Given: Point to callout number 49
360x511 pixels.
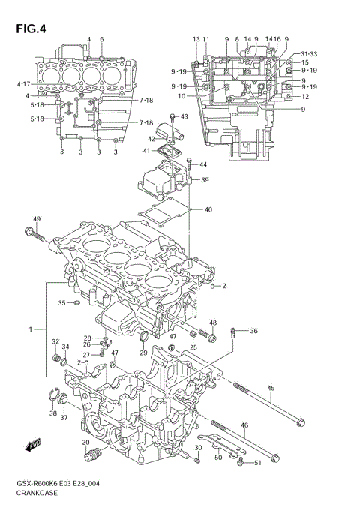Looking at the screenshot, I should [36, 219].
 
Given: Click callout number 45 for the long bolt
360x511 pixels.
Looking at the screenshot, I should [271, 388].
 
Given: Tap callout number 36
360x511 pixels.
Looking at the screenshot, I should [253, 331].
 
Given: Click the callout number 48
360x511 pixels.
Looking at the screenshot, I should [213, 323].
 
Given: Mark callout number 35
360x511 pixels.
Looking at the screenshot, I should [62, 302].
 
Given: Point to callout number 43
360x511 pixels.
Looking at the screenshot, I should [184, 116].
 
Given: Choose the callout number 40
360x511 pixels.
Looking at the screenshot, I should [208, 209].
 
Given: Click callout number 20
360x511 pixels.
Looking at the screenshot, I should [86, 443].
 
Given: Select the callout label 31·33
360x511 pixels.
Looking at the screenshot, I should [309, 54].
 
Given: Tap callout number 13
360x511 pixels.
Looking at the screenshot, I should [196, 38].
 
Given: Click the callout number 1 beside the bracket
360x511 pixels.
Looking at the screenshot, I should [31, 329].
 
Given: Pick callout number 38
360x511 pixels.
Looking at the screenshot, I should [52, 413].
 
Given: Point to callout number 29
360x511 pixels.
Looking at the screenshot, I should [143, 353].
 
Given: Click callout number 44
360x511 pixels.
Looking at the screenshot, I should [203, 164].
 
